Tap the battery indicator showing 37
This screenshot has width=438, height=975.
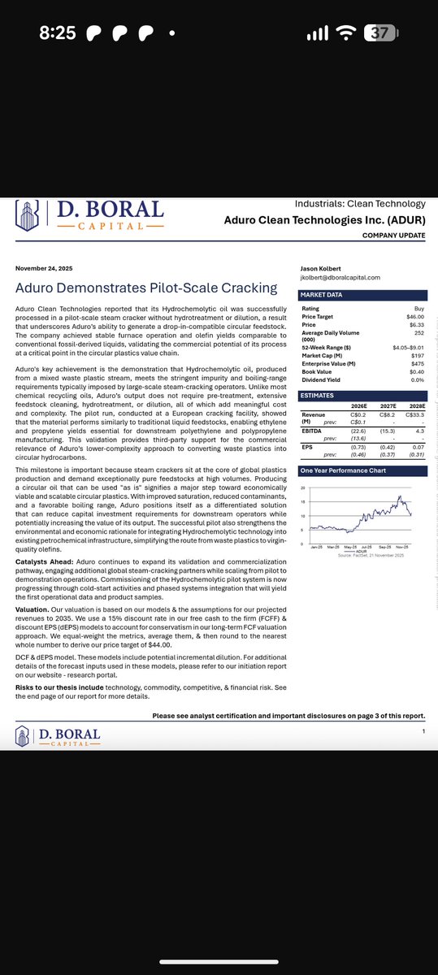[380, 33]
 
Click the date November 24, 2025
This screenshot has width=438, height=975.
[46, 269]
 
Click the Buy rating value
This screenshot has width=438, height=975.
[419, 309]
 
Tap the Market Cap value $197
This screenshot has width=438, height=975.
[418, 354]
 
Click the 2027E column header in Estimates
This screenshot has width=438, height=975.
[388, 405]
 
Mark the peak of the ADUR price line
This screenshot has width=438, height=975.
[400, 496]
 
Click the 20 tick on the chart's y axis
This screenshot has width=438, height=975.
[303, 488]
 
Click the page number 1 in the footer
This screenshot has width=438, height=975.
[423, 732]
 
